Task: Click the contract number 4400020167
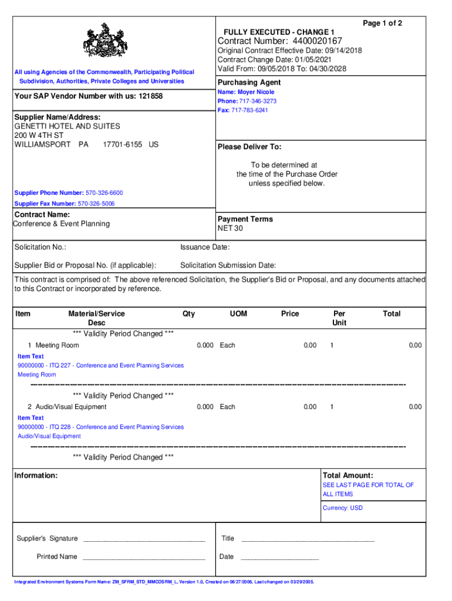pyautogui.click(x=313, y=40)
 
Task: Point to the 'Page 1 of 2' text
pyautogui.click(x=382, y=23)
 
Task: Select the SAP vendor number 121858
pyautogui.click(x=151, y=96)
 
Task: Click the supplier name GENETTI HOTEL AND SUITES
pyautogui.click(x=67, y=126)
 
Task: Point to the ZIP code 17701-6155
pyautogui.click(x=122, y=144)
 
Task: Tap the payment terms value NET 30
pyautogui.click(x=230, y=228)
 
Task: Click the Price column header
pyautogui.click(x=290, y=314)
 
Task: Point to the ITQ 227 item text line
pyautogui.click(x=100, y=366)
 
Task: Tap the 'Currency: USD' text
pyautogui.click(x=343, y=508)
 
